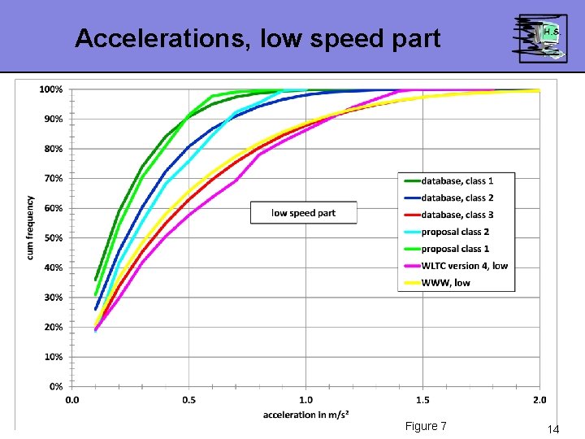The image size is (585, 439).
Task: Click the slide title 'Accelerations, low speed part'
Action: point(258,38)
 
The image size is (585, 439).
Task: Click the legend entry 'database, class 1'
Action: point(457,180)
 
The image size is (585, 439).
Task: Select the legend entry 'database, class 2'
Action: point(457,198)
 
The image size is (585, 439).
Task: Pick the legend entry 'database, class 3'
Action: point(457,215)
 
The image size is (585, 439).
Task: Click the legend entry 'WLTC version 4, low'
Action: point(464,266)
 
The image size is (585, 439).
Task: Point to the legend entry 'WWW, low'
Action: point(445,283)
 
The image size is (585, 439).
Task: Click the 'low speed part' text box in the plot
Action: point(303,213)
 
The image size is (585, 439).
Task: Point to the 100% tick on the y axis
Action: point(51,89)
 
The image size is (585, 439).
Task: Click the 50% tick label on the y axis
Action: point(53,237)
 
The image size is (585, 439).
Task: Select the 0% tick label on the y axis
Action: point(55,386)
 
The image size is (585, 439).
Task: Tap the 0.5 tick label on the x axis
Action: point(188,400)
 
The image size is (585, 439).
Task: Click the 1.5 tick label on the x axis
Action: point(422,400)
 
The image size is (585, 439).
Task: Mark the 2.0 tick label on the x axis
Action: point(539,400)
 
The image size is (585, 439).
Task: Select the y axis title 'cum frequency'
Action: point(30,228)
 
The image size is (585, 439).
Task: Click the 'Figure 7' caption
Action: point(426,427)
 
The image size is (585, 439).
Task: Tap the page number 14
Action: point(553,428)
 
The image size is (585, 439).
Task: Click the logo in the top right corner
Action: point(540,37)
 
